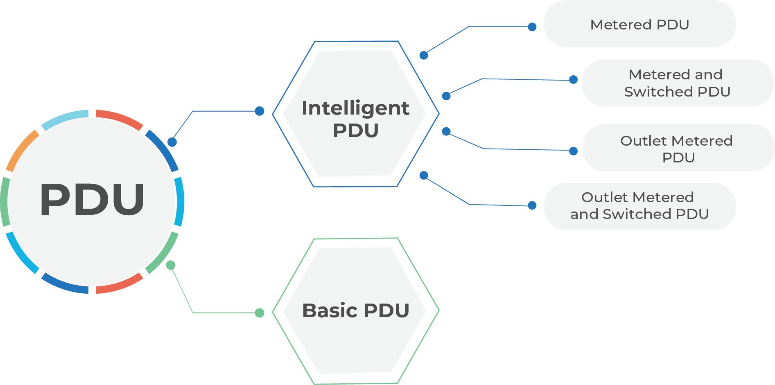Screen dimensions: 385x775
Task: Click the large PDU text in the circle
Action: tap(92, 199)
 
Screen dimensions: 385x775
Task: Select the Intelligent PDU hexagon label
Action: tap(355, 119)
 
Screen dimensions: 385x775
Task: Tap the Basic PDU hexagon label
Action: tap(355, 310)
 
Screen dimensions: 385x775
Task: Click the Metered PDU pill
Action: tap(639, 24)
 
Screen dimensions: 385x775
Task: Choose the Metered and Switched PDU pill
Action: tap(677, 83)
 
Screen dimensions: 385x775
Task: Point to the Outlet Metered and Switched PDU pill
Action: tap(639, 206)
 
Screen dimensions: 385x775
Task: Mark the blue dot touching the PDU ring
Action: tap(172, 142)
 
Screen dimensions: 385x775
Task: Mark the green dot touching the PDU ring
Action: tap(171, 265)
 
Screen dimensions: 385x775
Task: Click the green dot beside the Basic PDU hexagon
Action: tap(259, 313)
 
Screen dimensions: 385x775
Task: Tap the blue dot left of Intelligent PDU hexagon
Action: tap(259, 111)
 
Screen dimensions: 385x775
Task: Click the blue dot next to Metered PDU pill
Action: tap(532, 27)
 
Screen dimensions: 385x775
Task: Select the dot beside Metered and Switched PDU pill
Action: tap(574, 79)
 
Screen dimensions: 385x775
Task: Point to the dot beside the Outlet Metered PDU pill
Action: tap(574, 151)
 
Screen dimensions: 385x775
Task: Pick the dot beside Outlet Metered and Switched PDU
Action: tap(532, 205)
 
